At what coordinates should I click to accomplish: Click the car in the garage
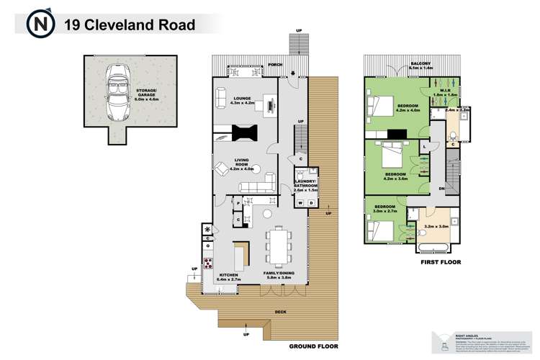pos(117,91)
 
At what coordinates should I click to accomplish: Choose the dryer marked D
pos(310,202)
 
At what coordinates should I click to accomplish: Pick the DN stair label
pos(441,188)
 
